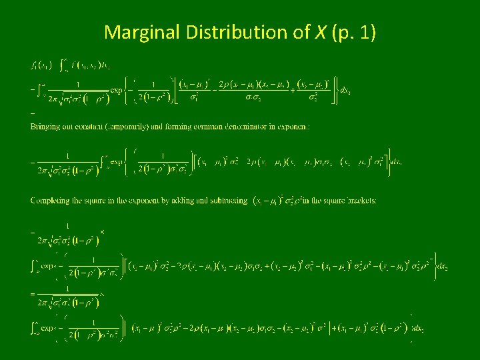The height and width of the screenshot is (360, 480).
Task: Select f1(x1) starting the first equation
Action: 41,65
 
